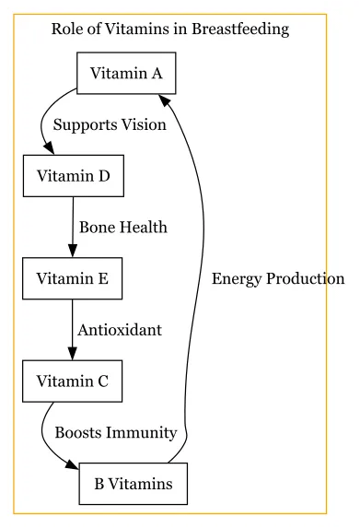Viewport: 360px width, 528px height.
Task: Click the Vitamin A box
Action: tap(127, 74)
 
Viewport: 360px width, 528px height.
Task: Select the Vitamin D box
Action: tap(73, 176)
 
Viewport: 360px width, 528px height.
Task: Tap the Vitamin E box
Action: tap(73, 277)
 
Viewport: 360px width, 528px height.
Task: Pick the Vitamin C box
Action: tap(73, 380)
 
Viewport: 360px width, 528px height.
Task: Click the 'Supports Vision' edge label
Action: tap(110, 125)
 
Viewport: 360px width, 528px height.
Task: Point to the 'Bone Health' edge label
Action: tap(123, 227)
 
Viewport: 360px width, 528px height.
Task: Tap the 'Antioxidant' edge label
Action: tap(120, 329)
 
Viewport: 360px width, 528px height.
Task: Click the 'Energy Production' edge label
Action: tap(278, 278)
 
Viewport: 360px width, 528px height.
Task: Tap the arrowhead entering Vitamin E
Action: tap(73, 252)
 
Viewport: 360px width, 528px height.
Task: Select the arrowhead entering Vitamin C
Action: tap(73, 355)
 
